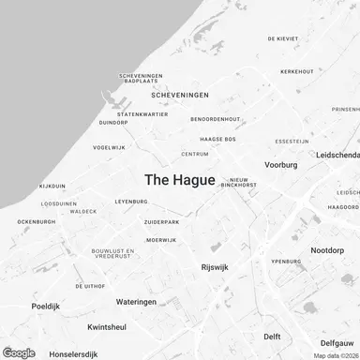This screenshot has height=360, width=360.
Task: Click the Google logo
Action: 19,352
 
